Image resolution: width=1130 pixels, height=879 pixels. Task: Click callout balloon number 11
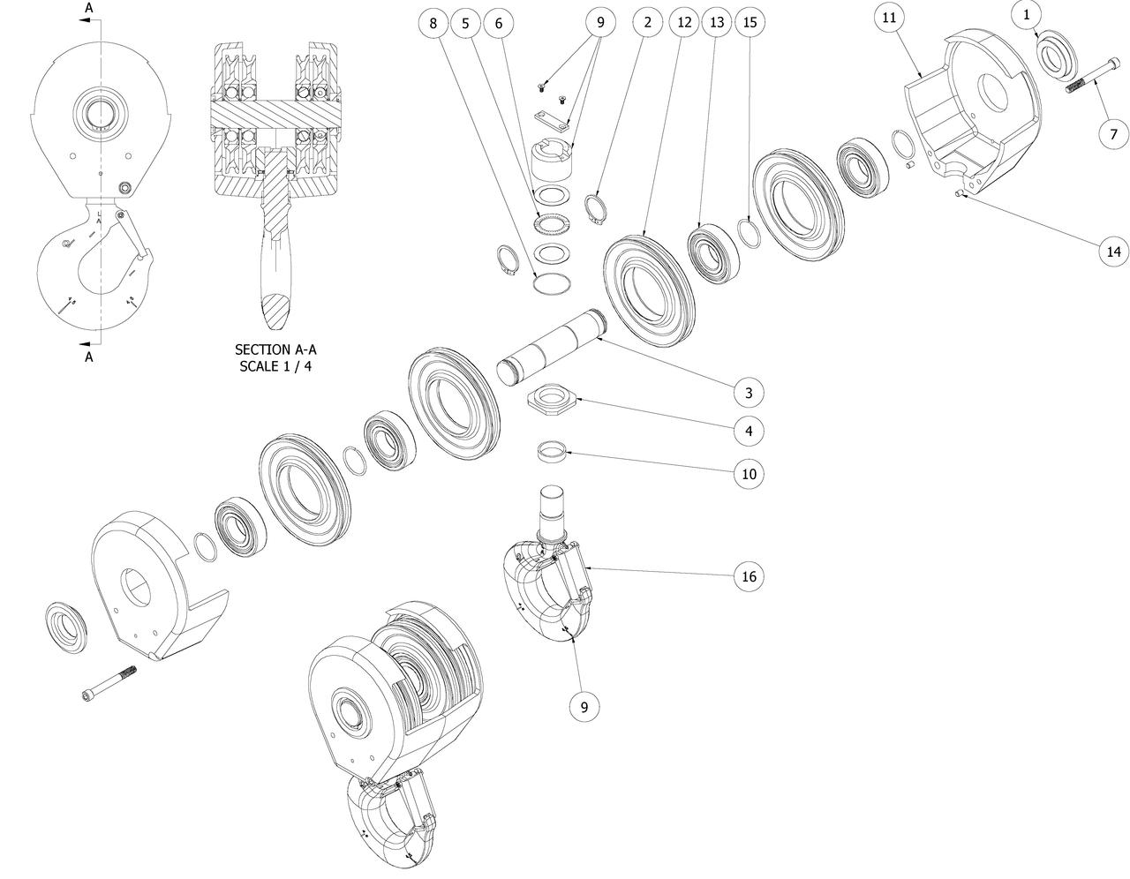click(889, 18)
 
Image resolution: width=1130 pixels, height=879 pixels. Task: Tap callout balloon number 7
click(1113, 134)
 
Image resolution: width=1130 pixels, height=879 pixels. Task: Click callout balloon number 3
click(748, 392)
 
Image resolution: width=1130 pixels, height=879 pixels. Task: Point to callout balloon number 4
click(748, 432)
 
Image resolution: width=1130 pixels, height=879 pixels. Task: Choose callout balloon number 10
click(748, 474)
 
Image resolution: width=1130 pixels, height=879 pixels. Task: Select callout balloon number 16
click(748, 576)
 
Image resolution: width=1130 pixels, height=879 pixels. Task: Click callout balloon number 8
click(433, 24)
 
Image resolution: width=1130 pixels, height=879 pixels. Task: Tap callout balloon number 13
click(716, 24)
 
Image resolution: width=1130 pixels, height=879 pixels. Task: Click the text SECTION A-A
click(275, 349)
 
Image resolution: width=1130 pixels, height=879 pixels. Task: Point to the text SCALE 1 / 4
click(275, 366)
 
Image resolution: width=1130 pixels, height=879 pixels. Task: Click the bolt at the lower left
click(109, 681)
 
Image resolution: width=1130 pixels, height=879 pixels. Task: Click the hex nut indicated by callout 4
click(554, 400)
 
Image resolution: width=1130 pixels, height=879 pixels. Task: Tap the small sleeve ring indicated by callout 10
click(553, 453)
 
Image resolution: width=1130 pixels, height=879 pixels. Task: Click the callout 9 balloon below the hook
click(584, 706)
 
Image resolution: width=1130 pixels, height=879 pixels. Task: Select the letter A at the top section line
click(88, 8)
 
